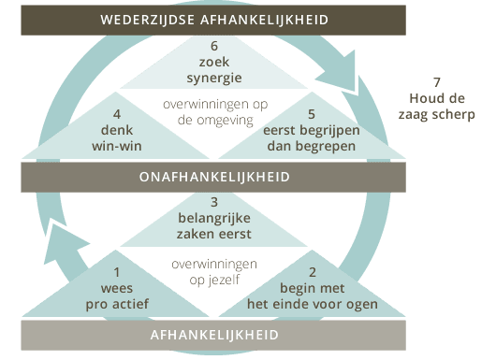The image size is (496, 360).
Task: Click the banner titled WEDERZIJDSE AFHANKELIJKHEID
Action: click(x=212, y=18)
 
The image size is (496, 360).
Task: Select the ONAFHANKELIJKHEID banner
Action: click(x=212, y=177)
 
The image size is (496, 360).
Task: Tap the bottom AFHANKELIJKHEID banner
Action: click(x=212, y=334)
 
